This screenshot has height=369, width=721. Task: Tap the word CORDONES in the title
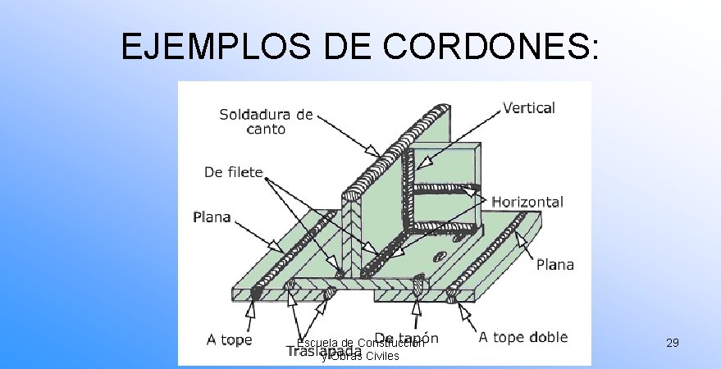point(483,48)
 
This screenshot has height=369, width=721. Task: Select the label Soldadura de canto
point(266,121)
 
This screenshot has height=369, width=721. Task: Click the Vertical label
point(528,107)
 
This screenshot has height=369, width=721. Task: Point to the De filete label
point(233,172)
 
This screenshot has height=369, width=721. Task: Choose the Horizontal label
point(527,202)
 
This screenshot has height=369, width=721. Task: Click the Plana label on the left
point(212,218)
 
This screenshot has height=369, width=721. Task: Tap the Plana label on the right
point(555,264)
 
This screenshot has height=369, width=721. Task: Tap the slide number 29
point(672,342)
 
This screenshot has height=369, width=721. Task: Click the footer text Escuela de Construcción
point(360,343)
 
